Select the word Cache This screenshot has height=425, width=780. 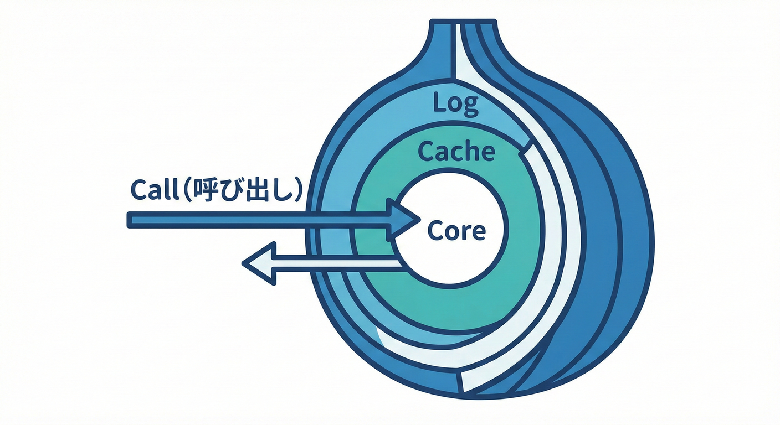456,151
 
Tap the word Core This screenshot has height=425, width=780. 457,230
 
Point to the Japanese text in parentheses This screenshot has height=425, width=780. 244,190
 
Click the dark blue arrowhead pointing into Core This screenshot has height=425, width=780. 403,220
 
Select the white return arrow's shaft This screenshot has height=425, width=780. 338,263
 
